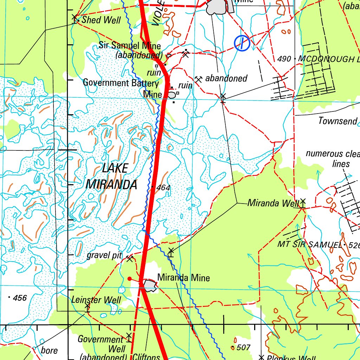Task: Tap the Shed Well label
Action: click(x=101, y=20)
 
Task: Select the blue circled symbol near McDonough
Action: click(x=242, y=43)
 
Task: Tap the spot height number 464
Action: click(x=163, y=188)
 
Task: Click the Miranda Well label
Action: click(x=273, y=203)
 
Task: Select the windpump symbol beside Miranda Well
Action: click(x=303, y=202)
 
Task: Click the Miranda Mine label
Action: click(x=184, y=278)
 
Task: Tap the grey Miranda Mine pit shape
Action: click(x=150, y=285)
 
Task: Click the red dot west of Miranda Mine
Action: click(x=129, y=279)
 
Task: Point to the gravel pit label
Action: click(x=104, y=256)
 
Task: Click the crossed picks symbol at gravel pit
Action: click(x=129, y=259)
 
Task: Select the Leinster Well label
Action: click(x=96, y=300)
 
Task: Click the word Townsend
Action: click(x=337, y=121)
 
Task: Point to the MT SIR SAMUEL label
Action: click(x=309, y=244)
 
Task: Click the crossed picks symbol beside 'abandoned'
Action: click(x=199, y=79)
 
